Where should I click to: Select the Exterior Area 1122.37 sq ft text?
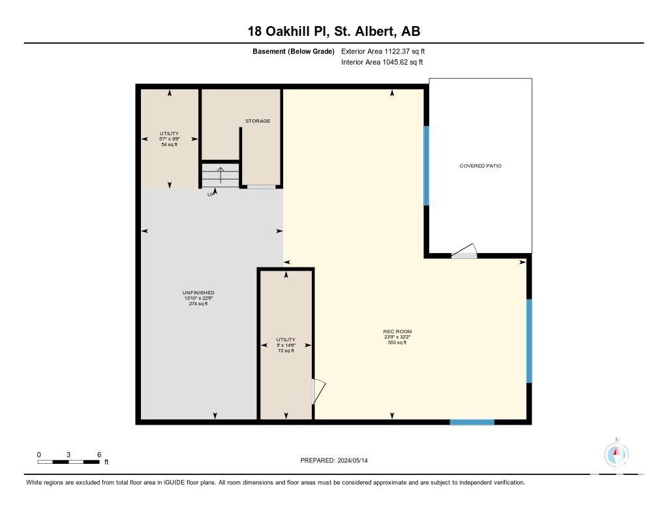383,52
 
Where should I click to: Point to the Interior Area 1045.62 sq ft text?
382,62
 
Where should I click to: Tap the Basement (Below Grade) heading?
294,52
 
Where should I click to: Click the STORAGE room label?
258,121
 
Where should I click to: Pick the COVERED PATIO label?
481,166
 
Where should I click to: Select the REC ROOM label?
397,331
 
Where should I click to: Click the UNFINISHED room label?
198,293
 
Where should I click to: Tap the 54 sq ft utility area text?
169,144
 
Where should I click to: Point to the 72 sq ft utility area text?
286,351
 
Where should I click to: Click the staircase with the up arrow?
220,175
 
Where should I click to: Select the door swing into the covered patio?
464,251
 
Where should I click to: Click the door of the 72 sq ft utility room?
318,391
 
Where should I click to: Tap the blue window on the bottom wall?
472,422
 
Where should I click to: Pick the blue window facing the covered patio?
427,166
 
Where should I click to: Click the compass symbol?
616,455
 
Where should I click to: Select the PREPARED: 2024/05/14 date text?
334,461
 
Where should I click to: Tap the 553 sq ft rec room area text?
397,342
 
